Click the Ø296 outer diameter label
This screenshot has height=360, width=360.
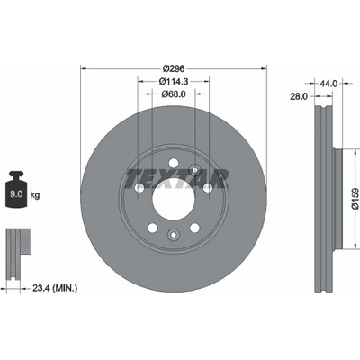[x=174, y=68]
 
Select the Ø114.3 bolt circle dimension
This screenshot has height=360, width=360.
[x=173, y=81]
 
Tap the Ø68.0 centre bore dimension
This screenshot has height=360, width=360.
[x=174, y=94]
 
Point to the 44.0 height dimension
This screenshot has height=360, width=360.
[x=329, y=84]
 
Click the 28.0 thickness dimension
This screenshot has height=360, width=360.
[x=299, y=96]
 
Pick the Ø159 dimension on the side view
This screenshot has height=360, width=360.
[x=355, y=198]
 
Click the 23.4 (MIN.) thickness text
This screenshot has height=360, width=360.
[x=55, y=289]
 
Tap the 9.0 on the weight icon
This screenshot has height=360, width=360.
[x=16, y=194]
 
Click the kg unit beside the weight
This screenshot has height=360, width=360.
[x=35, y=195]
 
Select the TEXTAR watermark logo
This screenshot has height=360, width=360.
[x=177, y=179]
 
